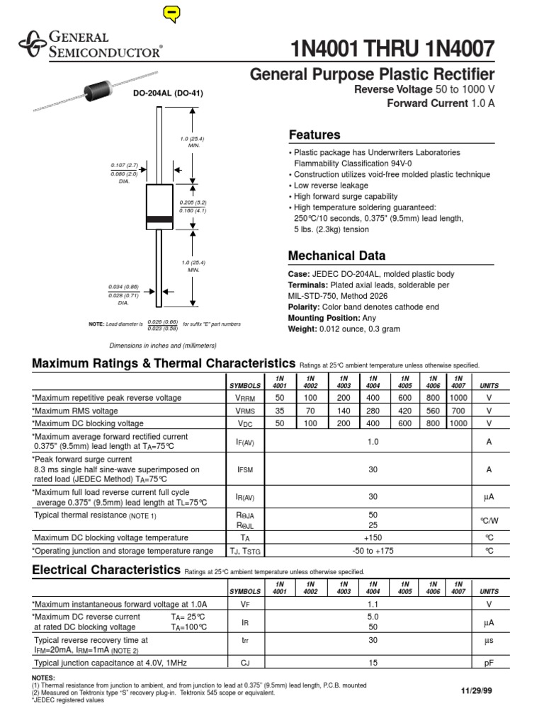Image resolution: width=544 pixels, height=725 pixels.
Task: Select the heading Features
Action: pyautogui.click(x=314, y=135)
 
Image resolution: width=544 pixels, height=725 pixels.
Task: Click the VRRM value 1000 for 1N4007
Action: pyautogui.click(x=458, y=399)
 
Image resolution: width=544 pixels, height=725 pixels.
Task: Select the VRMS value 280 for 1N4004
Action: pyautogui.click(x=373, y=411)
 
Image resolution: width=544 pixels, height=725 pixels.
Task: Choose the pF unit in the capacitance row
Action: pyautogui.click(x=489, y=663)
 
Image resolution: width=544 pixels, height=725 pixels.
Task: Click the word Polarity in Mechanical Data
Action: pyautogui.click(x=305, y=307)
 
